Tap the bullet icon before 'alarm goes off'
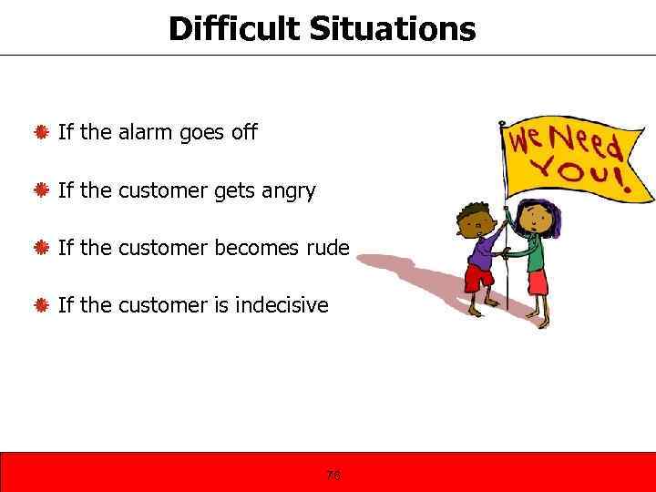pos(41,133)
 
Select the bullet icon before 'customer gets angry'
pos(41,191)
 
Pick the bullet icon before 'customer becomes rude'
pos(41,249)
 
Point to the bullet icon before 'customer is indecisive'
pos(41,305)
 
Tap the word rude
pos(326,249)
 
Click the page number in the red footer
pos(333,474)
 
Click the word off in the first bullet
pos(244,133)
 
